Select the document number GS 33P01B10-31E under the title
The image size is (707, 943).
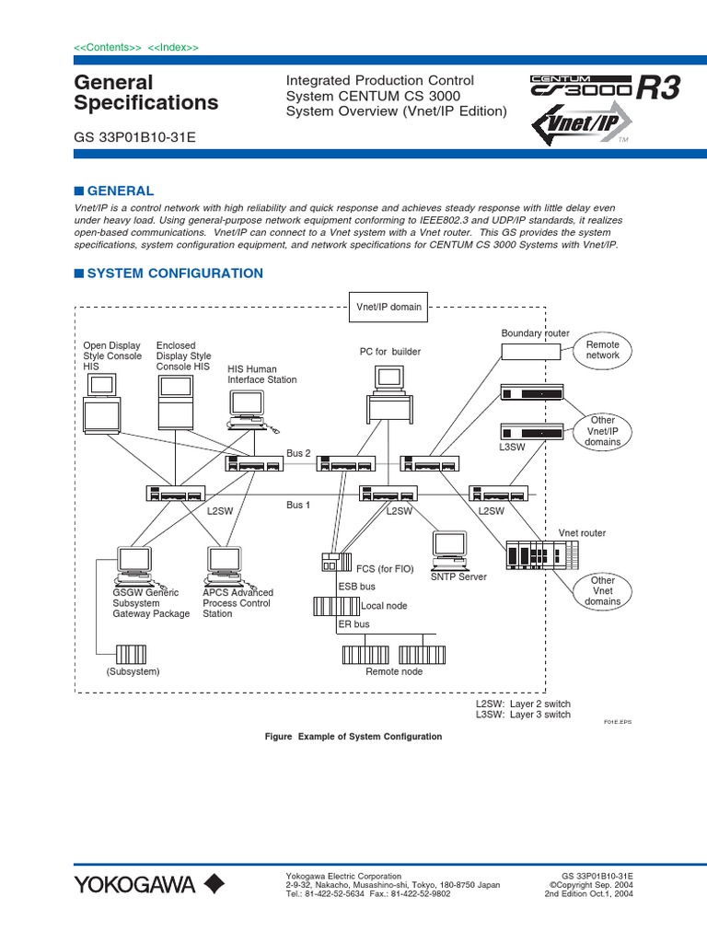(134, 137)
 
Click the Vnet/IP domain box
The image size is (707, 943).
(388, 307)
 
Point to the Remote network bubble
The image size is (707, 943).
(603, 350)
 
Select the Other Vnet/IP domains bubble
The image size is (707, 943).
(603, 431)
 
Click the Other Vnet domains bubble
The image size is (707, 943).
(603, 591)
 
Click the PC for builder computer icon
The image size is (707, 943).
(388, 391)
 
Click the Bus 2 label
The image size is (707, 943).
(298, 453)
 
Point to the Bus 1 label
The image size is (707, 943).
(298, 505)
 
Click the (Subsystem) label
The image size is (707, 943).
(133, 671)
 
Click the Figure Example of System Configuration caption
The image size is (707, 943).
(353, 737)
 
